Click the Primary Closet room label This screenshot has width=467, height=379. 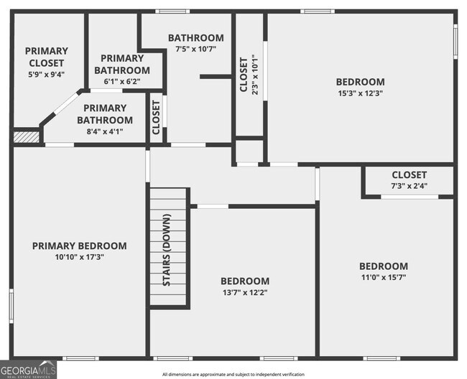click(x=47, y=57)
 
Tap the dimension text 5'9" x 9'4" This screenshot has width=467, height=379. click(x=47, y=74)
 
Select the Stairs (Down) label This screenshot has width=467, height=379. click(x=167, y=250)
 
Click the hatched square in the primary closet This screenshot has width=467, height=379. click(x=27, y=136)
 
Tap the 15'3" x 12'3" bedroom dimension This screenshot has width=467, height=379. click(x=361, y=93)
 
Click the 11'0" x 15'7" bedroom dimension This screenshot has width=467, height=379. click(x=383, y=277)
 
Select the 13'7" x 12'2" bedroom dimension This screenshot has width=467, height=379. click(x=245, y=292)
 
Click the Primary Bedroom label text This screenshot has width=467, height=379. click(x=79, y=245)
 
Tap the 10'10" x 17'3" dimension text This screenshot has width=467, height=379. click(x=79, y=257)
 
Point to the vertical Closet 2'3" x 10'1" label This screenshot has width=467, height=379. click(x=244, y=75)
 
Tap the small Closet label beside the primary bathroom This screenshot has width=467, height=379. click(x=156, y=117)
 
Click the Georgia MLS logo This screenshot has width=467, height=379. click(x=29, y=369)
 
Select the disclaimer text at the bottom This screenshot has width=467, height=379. click(x=233, y=374)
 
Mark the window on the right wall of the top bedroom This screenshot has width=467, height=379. click(x=455, y=41)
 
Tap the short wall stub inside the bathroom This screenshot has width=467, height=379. click(x=215, y=76)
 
